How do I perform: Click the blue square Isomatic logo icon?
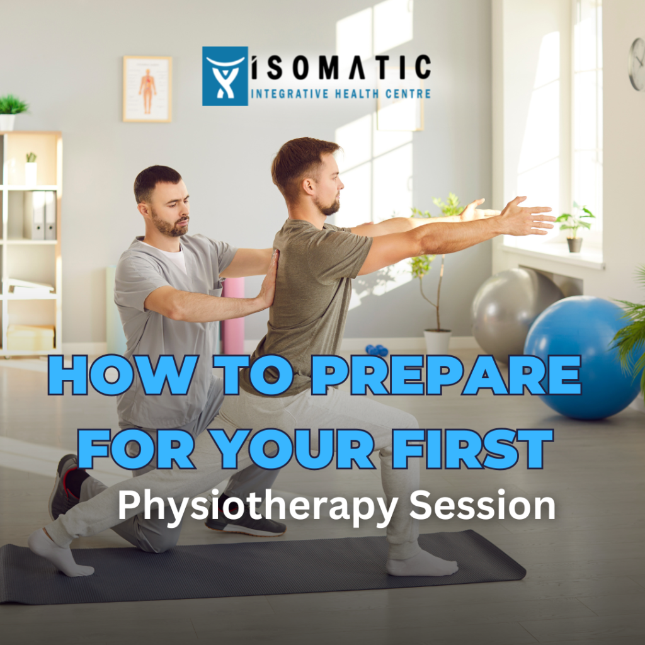[225, 76]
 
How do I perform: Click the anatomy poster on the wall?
[147, 89]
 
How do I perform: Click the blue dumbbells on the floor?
[377, 350]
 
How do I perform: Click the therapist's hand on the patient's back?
[270, 280]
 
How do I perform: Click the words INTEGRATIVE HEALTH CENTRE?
[341, 94]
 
